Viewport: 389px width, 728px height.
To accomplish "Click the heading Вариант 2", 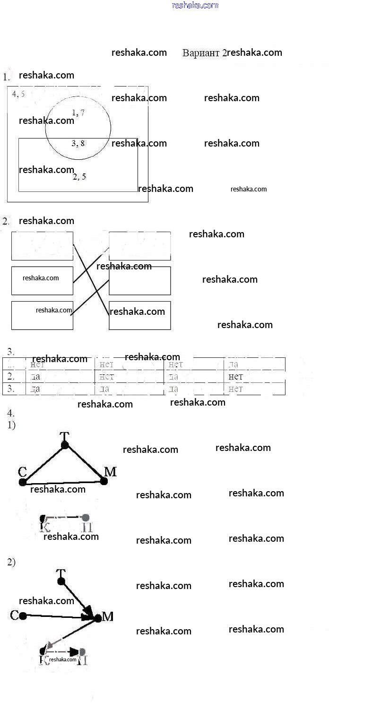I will pyautogui.click(x=204, y=53).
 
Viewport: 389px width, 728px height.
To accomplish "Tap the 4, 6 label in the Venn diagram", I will pyautogui.click(x=18, y=94).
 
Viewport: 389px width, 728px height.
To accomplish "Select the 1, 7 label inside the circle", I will pyautogui.click(x=78, y=113).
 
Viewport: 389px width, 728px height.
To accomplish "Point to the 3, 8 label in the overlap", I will pyautogui.click(x=78, y=143).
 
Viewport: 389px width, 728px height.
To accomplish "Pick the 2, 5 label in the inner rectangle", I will pyautogui.click(x=79, y=177).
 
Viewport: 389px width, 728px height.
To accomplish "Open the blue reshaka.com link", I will pyautogui.click(x=195, y=5).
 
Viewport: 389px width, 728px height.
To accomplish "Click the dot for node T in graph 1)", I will pyautogui.click(x=65, y=445).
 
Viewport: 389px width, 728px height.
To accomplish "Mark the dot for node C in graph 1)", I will pyautogui.click(x=23, y=482).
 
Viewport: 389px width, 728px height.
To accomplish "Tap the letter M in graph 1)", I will pyautogui.click(x=110, y=471).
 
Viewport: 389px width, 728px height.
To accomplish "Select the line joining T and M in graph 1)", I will pyautogui.click(x=85, y=463).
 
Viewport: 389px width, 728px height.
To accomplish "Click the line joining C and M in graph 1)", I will pyautogui.click(x=64, y=482).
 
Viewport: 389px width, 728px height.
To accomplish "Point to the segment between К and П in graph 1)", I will pyautogui.click(x=64, y=518).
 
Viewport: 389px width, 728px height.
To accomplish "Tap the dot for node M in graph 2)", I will pyautogui.click(x=98, y=618).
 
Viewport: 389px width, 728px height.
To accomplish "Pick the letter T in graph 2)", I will pyautogui.click(x=61, y=573).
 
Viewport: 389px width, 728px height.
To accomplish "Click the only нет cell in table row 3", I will pyautogui.click(x=235, y=389).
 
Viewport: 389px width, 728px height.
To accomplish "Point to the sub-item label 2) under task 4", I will pyautogui.click(x=11, y=562).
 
